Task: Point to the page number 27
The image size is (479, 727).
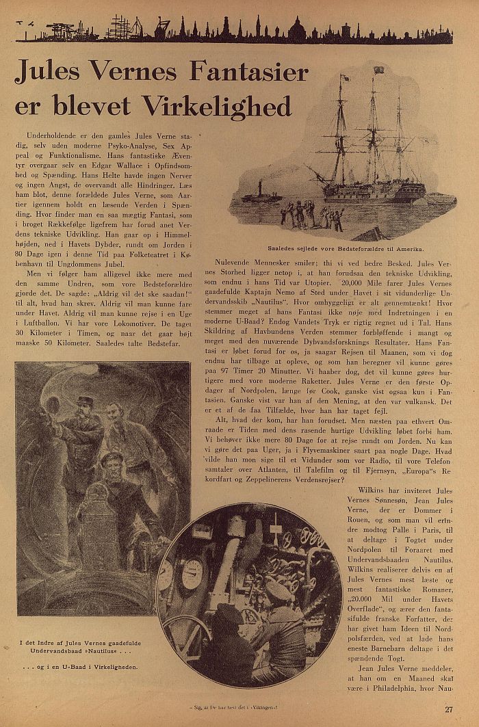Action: tap(448, 709)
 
